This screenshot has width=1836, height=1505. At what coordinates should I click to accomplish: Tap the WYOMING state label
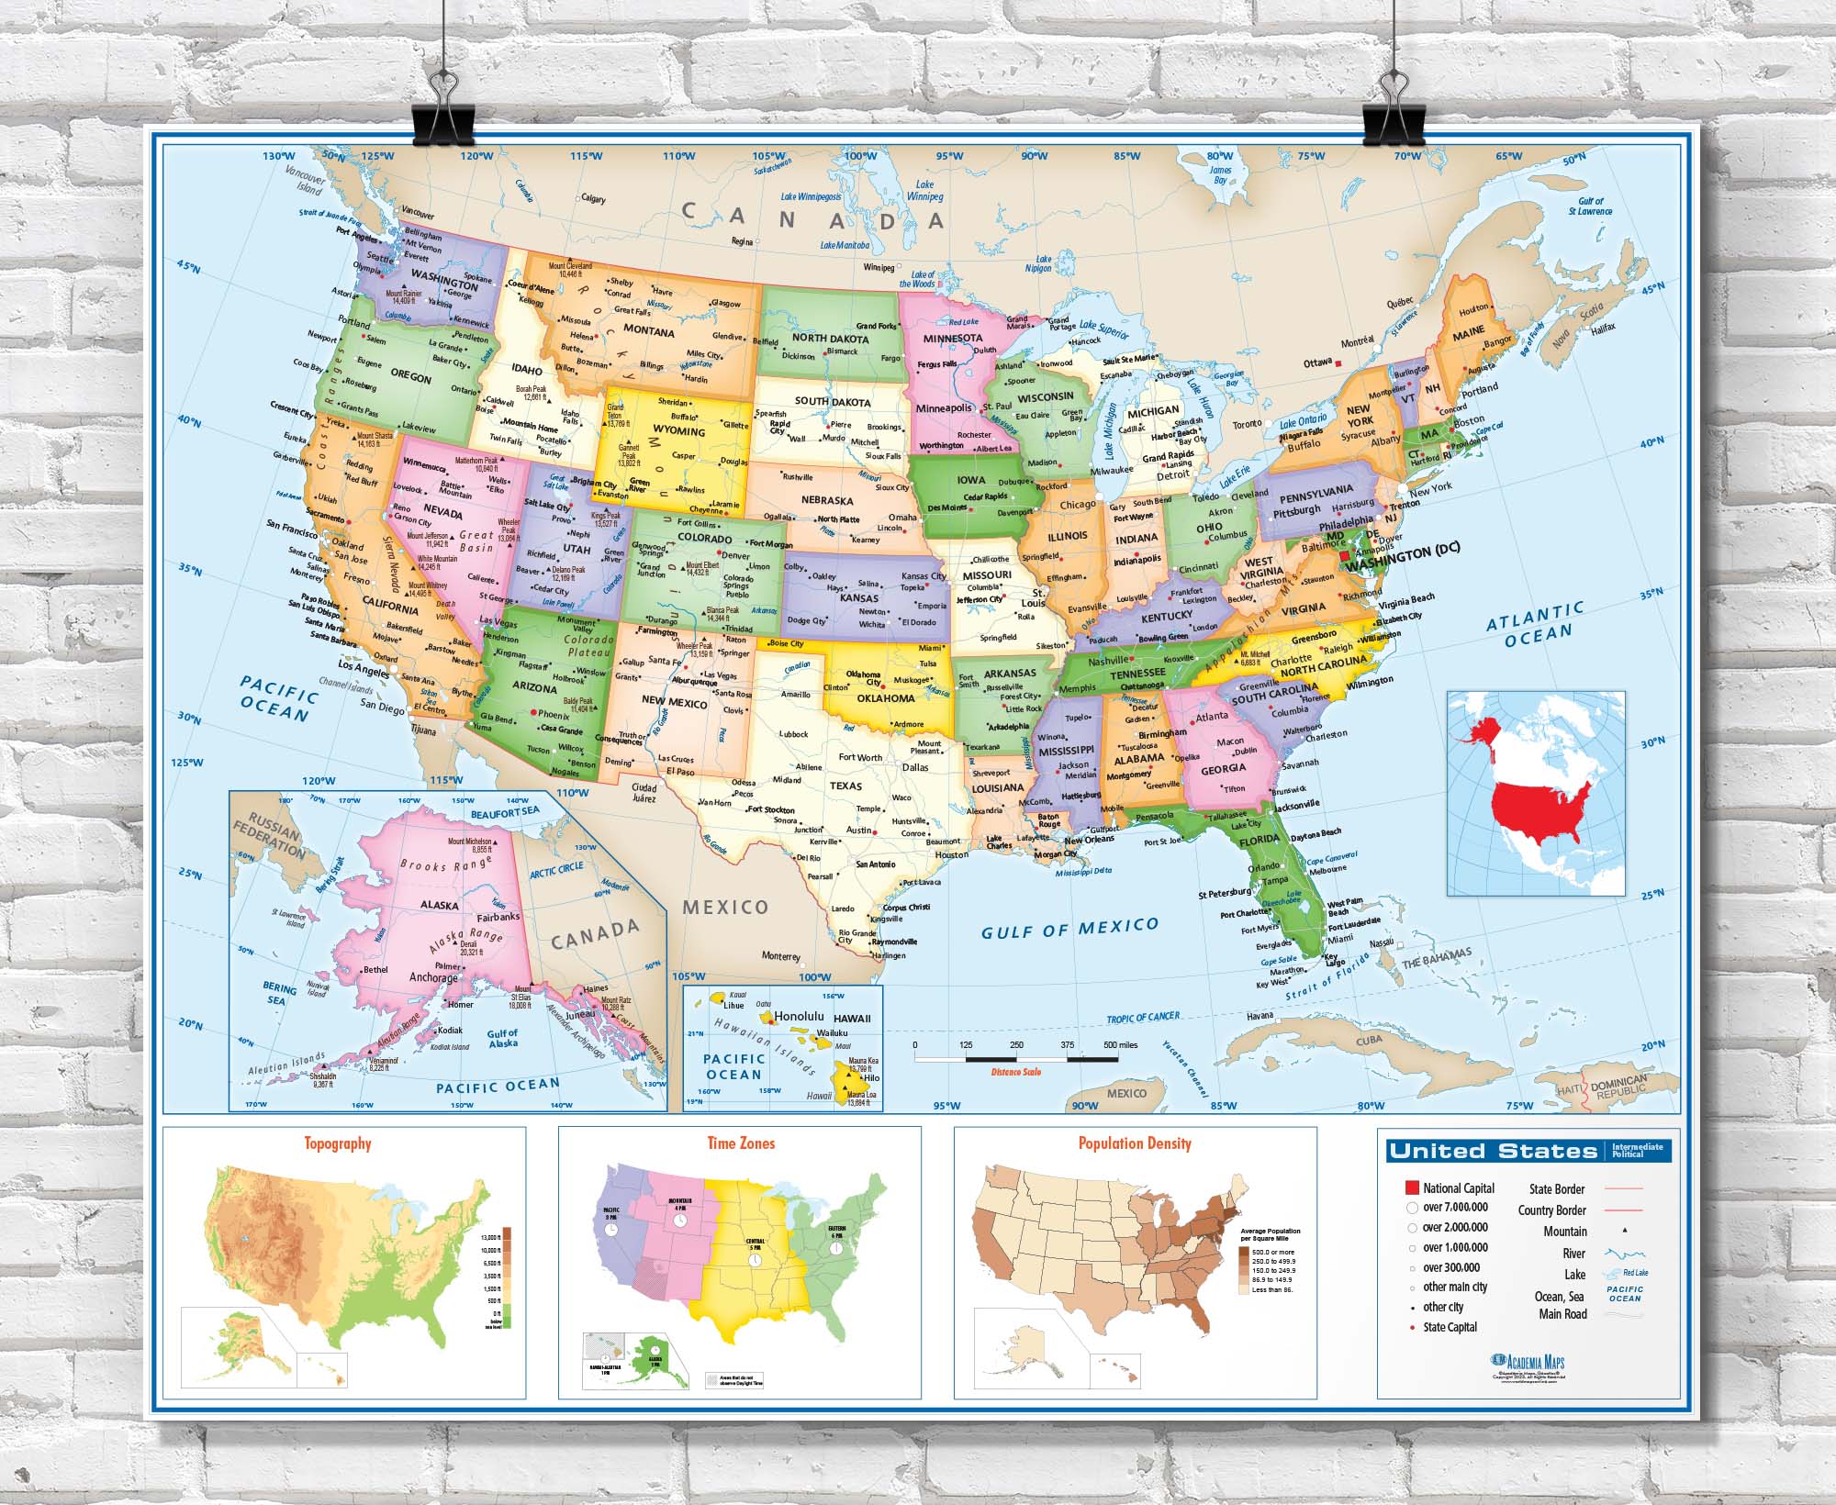[678, 431]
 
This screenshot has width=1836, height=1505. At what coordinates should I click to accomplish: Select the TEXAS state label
[845, 786]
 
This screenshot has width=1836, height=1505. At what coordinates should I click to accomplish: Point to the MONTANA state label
[649, 332]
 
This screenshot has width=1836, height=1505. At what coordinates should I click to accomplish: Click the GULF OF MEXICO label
[1069, 928]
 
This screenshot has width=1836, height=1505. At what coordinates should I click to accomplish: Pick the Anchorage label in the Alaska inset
[432, 977]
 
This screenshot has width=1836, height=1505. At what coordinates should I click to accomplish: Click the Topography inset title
[338, 1143]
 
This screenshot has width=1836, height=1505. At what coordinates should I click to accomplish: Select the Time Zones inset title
[741, 1143]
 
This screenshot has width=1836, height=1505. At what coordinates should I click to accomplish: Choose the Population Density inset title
[1135, 1143]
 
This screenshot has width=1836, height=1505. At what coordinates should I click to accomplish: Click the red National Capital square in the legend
[1412, 1188]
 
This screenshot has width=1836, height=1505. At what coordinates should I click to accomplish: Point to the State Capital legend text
[1450, 1327]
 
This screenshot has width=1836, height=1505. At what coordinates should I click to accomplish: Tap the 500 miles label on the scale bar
[1120, 1045]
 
